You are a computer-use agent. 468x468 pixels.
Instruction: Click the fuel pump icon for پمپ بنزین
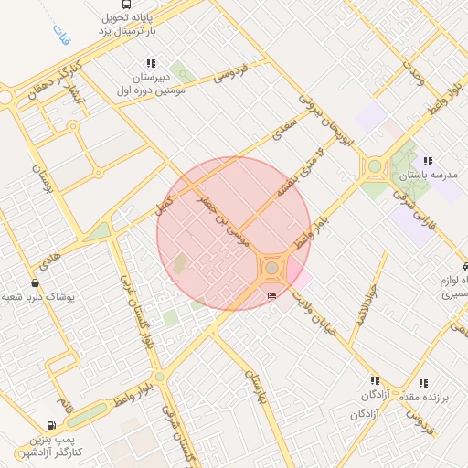pos(50,425)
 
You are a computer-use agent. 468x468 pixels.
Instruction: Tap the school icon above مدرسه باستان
pos(427,161)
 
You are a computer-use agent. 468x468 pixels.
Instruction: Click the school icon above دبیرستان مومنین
pos(151,64)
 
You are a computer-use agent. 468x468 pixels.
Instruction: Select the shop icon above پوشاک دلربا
pos(35,283)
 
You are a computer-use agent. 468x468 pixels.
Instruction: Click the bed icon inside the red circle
pos(271,296)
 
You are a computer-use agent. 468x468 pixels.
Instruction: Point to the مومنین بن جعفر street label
pos(230,218)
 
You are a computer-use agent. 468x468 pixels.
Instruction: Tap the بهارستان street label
pos(257,388)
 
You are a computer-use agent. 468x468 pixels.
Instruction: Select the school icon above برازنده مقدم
pos(422,384)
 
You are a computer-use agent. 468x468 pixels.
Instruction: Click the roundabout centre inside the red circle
pos(272,268)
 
